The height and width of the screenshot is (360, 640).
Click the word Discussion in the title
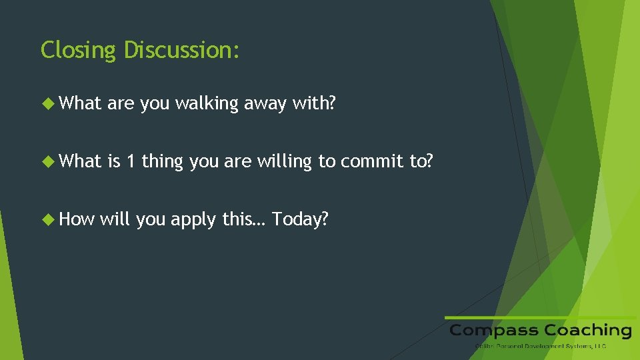tap(181, 49)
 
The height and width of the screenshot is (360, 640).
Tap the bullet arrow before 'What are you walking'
tap(48, 103)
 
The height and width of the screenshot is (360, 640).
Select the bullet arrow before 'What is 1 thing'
tap(48, 161)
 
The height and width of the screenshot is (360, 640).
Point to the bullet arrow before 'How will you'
tap(48, 219)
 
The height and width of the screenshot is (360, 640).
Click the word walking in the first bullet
tap(207, 103)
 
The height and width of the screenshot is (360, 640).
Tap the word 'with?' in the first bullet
tap(313, 103)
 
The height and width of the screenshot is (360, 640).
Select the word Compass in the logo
tap(494, 331)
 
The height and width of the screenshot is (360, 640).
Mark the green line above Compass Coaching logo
tap(540, 317)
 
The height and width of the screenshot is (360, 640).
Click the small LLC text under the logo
tap(599, 346)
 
